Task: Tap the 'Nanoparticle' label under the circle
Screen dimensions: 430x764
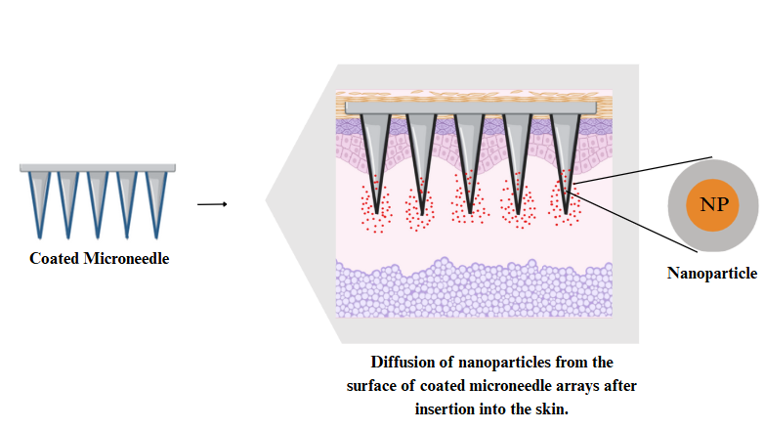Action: [713, 273]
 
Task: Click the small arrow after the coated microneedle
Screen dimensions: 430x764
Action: [212, 204]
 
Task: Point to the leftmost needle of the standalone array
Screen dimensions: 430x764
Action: [39, 200]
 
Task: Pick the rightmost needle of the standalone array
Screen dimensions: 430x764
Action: [156, 200]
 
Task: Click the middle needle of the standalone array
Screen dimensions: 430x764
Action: [98, 200]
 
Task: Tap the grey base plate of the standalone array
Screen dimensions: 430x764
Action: [98, 168]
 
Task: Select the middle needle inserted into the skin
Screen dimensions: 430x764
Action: [469, 156]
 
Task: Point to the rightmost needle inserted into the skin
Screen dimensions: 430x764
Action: [564, 156]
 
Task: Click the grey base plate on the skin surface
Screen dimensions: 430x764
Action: [469, 106]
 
